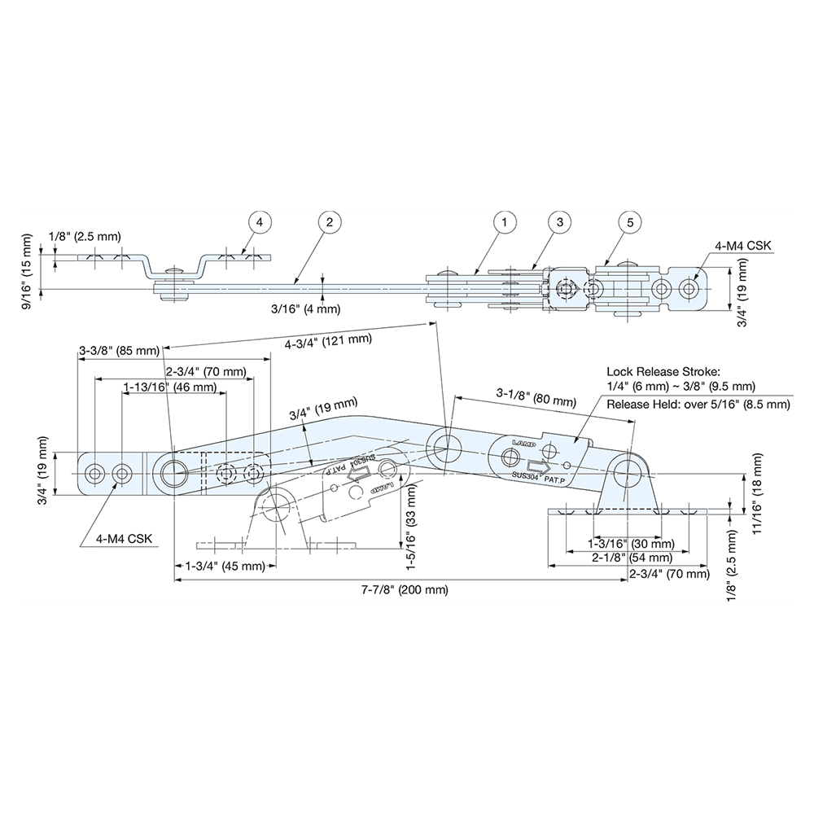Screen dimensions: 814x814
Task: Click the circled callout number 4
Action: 259,221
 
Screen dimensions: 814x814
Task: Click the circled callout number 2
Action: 328,221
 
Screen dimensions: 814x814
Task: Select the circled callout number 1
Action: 505,221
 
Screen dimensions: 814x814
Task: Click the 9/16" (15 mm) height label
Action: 28,272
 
